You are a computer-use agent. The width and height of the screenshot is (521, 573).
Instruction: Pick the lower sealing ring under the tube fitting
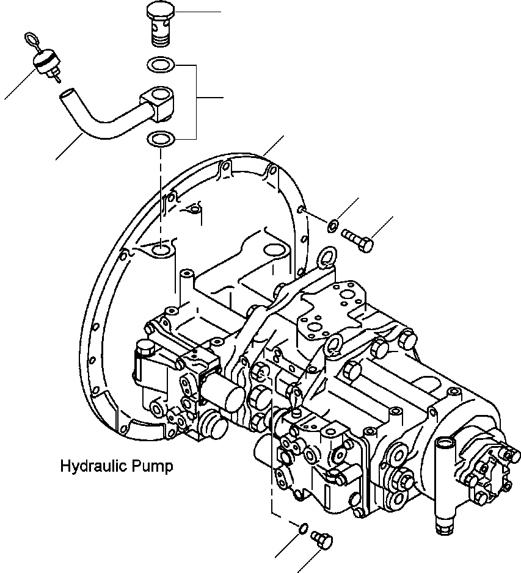(161, 139)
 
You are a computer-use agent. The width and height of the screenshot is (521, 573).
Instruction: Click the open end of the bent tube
(67, 95)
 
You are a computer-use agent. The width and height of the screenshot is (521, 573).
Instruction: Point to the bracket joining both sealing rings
(195, 101)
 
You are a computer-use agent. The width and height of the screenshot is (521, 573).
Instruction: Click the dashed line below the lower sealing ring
(161, 183)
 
